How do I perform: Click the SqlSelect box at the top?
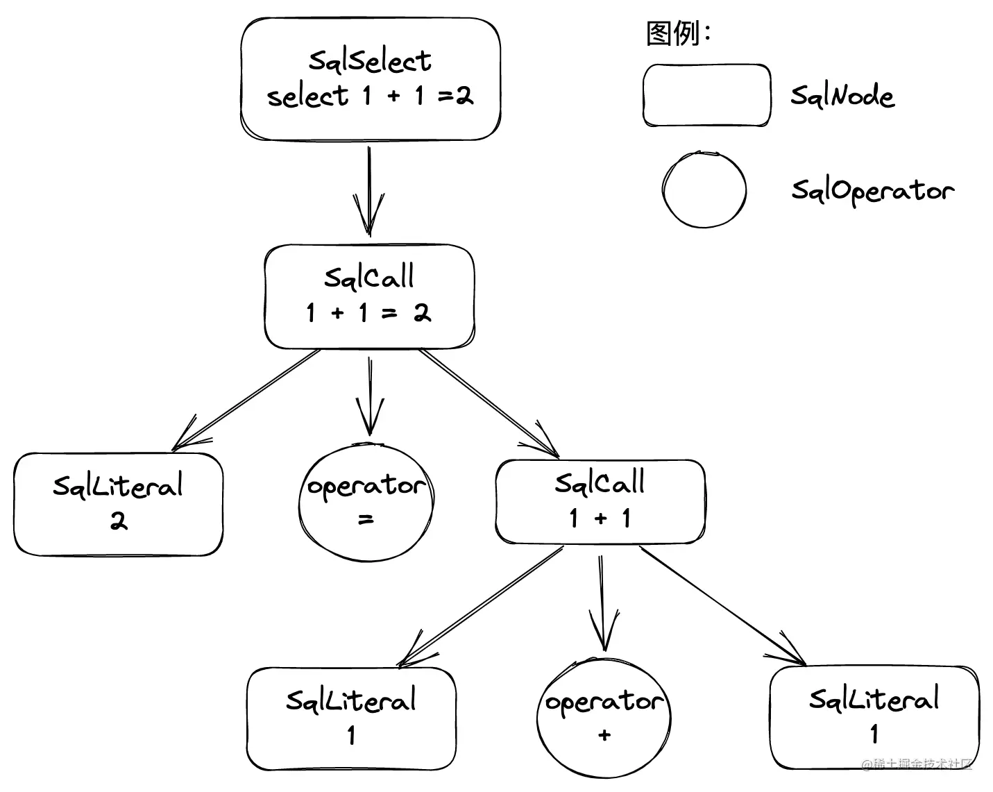pyautogui.click(x=370, y=78)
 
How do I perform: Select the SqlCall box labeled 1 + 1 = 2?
pyautogui.click(x=369, y=296)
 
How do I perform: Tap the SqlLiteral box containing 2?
pyautogui.click(x=118, y=504)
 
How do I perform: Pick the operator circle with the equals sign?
pyautogui.click(x=366, y=502)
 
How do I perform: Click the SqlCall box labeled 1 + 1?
pyautogui.click(x=600, y=500)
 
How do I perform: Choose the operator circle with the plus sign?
pyautogui.click(x=604, y=716)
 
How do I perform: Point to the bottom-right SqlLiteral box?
pyautogui.click(x=874, y=717)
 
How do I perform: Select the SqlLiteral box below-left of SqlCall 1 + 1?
pyautogui.click(x=351, y=718)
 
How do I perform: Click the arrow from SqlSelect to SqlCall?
pyautogui.click(x=369, y=191)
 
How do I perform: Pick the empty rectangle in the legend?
pyautogui.click(x=706, y=96)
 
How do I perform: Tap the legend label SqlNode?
pyautogui.click(x=842, y=96)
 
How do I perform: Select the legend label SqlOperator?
pyautogui.click(x=872, y=190)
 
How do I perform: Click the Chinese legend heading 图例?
pyautogui.click(x=672, y=33)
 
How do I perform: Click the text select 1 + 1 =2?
pyautogui.click(x=370, y=96)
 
